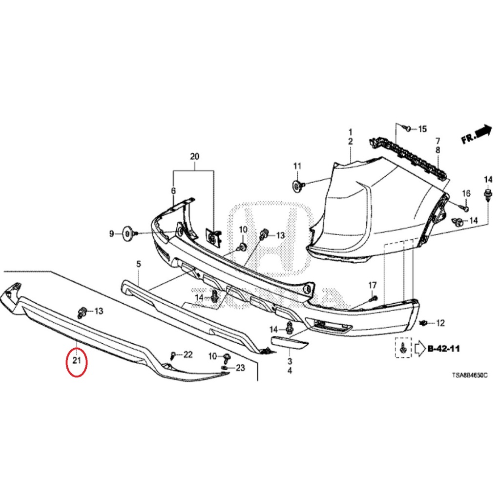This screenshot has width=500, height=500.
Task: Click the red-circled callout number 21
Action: point(77,361)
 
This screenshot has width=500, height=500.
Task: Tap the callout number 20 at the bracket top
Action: point(194,157)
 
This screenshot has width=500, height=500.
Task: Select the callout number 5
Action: point(138,264)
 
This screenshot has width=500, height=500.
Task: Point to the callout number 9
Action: point(111,234)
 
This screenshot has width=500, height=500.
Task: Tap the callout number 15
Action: point(422,129)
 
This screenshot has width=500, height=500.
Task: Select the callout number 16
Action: point(466,194)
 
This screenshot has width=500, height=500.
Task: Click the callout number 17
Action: point(373,285)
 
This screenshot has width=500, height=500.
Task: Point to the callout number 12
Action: point(440,323)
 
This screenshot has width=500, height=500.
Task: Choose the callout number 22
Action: point(188,354)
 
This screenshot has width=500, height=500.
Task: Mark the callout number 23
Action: point(240,368)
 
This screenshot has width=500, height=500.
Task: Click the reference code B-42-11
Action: point(443,349)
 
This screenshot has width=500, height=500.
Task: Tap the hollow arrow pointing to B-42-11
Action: point(420,349)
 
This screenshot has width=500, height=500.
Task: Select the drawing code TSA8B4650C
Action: point(469,375)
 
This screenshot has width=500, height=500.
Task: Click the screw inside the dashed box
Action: point(403,348)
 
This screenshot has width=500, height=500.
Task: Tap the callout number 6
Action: point(173,191)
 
